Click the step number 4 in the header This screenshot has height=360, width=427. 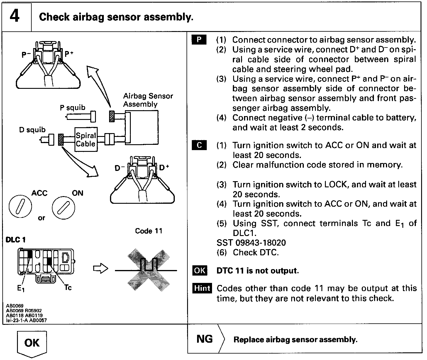[15, 16]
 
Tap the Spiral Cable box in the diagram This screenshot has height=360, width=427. [86, 140]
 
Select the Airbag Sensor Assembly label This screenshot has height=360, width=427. [148, 100]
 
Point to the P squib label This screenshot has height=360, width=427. [72, 108]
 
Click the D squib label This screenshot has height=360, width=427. [32, 130]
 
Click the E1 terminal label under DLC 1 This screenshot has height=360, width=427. [21, 288]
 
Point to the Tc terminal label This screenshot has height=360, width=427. [68, 288]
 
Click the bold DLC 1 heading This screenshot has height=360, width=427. [16, 240]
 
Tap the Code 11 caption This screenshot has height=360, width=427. [148, 231]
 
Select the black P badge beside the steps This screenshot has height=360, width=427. [199, 40]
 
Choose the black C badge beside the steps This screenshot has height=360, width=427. [199, 145]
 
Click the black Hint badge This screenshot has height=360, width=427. [202, 288]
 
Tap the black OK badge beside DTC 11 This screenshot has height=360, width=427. [200, 270]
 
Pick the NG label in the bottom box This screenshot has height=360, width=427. [205, 339]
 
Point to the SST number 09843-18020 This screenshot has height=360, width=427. [251, 243]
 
